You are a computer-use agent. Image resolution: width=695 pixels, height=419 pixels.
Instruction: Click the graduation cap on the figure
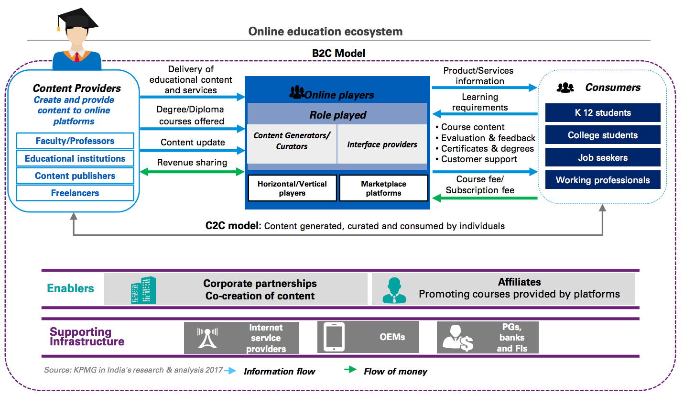(x=76, y=20)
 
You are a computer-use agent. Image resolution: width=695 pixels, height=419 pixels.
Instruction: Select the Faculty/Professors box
(x=75, y=141)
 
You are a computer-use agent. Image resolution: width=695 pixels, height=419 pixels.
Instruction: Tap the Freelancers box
(x=75, y=193)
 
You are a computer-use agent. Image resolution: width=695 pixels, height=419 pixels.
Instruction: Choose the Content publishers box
(x=75, y=176)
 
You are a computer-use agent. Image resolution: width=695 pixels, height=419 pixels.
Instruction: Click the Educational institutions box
(x=75, y=158)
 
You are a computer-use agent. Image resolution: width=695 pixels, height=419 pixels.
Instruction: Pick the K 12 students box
(x=603, y=113)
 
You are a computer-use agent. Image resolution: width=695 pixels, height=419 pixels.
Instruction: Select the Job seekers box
(x=603, y=157)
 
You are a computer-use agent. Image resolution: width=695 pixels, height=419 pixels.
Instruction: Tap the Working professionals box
(x=603, y=180)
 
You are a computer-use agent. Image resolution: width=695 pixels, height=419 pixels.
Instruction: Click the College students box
(x=603, y=135)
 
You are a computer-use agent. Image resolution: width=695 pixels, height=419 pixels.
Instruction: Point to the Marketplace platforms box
(x=383, y=188)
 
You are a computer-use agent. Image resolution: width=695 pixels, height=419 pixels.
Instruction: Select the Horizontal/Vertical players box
(x=292, y=188)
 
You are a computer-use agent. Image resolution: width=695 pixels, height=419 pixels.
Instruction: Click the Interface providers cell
(x=382, y=144)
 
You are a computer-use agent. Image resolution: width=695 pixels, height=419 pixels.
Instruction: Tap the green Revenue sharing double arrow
(x=192, y=172)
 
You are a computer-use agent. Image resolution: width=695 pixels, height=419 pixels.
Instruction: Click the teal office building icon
(x=143, y=290)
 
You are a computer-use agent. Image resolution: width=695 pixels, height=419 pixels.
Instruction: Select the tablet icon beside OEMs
(x=334, y=337)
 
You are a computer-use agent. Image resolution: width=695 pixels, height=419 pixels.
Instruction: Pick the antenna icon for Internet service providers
(x=207, y=337)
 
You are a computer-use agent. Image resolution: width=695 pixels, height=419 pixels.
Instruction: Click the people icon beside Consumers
(x=565, y=88)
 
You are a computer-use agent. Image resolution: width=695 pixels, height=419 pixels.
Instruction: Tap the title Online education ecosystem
(x=326, y=32)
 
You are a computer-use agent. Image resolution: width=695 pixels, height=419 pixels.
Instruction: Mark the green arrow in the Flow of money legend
(x=350, y=370)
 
